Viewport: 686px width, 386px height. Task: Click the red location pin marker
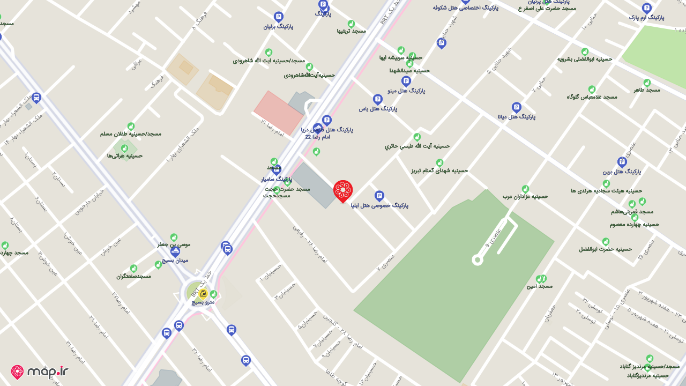[x=343, y=191]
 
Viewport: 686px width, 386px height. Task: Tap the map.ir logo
[x=40, y=372]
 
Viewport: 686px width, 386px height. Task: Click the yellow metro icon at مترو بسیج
[x=203, y=293]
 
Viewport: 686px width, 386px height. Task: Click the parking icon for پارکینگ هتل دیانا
[x=516, y=107]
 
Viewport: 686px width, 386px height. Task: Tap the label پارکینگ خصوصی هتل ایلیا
[x=379, y=205]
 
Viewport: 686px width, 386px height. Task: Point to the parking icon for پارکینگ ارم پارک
[x=646, y=8]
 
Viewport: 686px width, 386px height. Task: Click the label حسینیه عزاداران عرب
[x=525, y=196]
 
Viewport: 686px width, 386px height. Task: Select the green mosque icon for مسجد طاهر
[x=647, y=83]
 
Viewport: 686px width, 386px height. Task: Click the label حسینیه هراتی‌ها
[x=124, y=155]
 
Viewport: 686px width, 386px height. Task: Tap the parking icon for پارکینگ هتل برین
[x=622, y=162]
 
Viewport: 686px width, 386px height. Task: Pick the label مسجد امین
[x=539, y=286]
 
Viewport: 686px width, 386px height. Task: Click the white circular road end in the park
[x=477, y=260]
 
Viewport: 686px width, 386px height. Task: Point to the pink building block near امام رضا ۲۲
[x=278, y=113]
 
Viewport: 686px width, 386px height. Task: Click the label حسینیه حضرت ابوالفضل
[x=605, y=249]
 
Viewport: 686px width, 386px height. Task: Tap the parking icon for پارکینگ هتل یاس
[x=377, y=99]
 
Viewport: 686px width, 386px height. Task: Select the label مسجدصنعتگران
[x=133, y=276]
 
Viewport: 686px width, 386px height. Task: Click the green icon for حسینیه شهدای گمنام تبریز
[x=439, y=162]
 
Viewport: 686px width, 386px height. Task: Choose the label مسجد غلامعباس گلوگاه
[x=592, y=96]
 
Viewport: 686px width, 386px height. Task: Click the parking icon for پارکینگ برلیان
[x=278, y=17]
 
